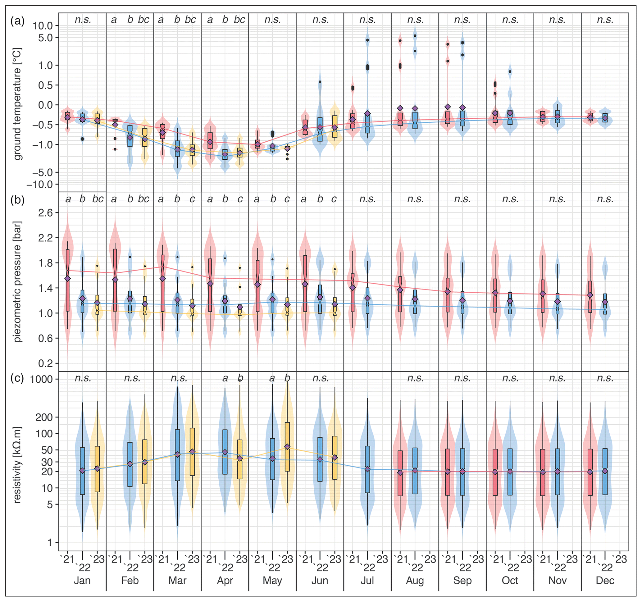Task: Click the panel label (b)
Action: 17,201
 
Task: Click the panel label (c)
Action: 17,378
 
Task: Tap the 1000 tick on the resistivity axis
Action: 41,379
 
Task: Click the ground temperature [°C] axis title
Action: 18,104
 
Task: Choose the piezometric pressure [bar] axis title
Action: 18,282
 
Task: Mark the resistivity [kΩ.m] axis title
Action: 18,465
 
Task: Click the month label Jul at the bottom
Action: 367,581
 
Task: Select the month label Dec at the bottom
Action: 605,581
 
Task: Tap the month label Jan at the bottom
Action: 82,581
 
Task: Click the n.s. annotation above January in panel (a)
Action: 83,20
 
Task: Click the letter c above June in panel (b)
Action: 334,199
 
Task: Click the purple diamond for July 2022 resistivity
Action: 367,469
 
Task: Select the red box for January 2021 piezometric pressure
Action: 67,280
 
